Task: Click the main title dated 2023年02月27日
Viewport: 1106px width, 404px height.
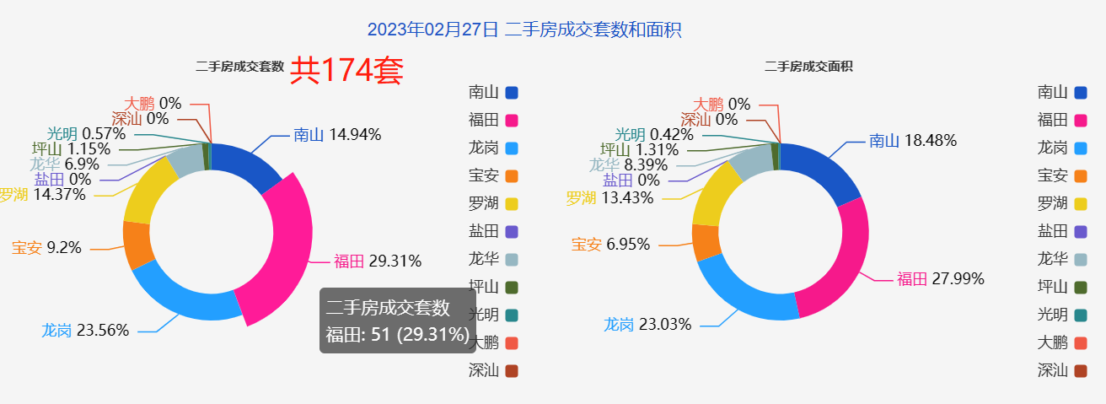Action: (x=523, y=30)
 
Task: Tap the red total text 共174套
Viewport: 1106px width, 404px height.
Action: (x=346, y=71)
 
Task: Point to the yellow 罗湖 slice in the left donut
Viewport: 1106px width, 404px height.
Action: (x=148, y=190)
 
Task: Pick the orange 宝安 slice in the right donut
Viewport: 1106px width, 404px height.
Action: (x=706, y=242)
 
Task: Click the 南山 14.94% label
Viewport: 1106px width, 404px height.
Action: (x=337, y=134)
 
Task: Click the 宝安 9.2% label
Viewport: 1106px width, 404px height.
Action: (x=46, y=248)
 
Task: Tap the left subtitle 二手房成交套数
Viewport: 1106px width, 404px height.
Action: (x=239, y=67)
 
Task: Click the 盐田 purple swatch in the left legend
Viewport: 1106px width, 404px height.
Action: (x=512, y=231)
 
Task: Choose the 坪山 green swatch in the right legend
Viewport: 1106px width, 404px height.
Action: (x=1081, y=287)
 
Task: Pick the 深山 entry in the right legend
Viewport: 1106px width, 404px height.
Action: (x=1062, y=369)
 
